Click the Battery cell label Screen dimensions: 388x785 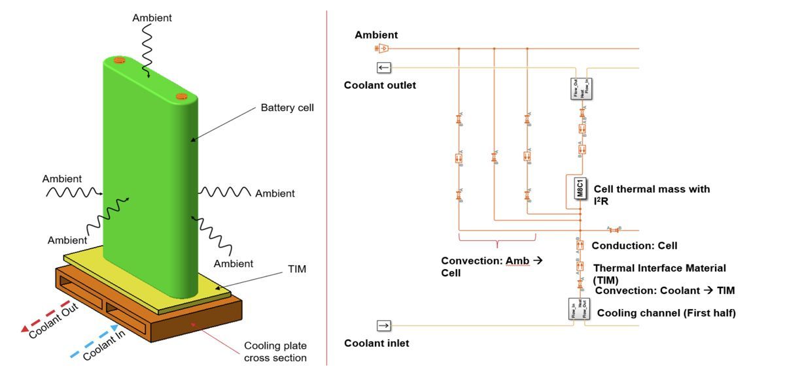(x=287, y=107)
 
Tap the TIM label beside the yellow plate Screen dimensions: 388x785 (x=296, y=268)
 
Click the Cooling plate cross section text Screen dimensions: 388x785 (x=275, y=351)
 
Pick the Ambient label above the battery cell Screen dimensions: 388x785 (x=152, y=18)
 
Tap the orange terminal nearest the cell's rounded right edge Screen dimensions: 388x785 (x=181, y=97)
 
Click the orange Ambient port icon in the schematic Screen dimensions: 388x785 (x=383, y=48)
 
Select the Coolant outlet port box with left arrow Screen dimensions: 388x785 (x=383, y=67)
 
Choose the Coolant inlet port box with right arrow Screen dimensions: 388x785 (x=383, y=325)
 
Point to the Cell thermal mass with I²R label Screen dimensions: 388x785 (x=651, y=194)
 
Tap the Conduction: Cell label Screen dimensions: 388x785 (x=634, y=246)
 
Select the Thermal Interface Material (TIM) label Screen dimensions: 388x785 (x=659, y=274)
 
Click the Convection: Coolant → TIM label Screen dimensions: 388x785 (x=665, y=291)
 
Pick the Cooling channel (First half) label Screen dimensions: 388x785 (x=666, y=313)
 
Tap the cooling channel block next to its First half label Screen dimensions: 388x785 (x=579, y=308)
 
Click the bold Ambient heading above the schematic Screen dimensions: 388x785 (x=376, y=35)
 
